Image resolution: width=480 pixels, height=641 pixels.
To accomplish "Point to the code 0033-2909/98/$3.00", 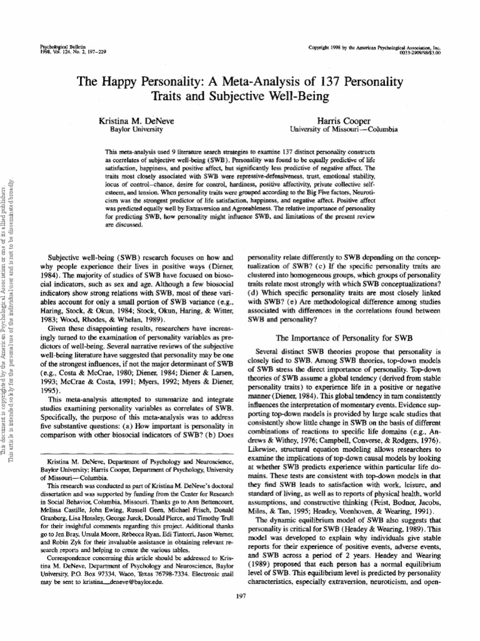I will tap(415, 53).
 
